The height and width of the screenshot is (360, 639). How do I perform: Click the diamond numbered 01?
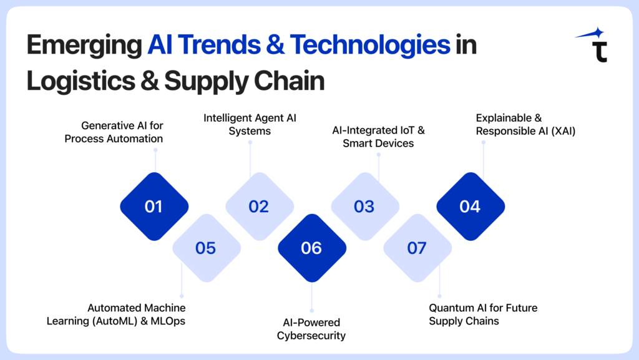point(154,207)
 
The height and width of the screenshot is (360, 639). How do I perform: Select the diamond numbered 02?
point(259,207)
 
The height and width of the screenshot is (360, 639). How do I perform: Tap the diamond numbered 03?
point(364,207)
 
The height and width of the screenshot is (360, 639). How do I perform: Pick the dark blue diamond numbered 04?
point(470,207)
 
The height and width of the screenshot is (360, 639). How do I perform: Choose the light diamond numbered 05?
point(206,248)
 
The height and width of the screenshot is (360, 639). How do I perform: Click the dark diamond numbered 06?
point(311,248)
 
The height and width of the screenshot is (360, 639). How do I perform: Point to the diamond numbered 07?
point(417,248)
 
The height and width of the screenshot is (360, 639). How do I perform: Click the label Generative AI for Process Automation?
point(113,132)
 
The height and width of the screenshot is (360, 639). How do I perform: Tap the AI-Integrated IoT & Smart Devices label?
point(373,136)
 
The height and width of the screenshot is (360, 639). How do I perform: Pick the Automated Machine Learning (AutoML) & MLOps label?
point(137,314)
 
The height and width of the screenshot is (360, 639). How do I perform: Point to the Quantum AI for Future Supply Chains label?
point(483,314)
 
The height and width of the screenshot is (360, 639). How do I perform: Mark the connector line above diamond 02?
point(250,162)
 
